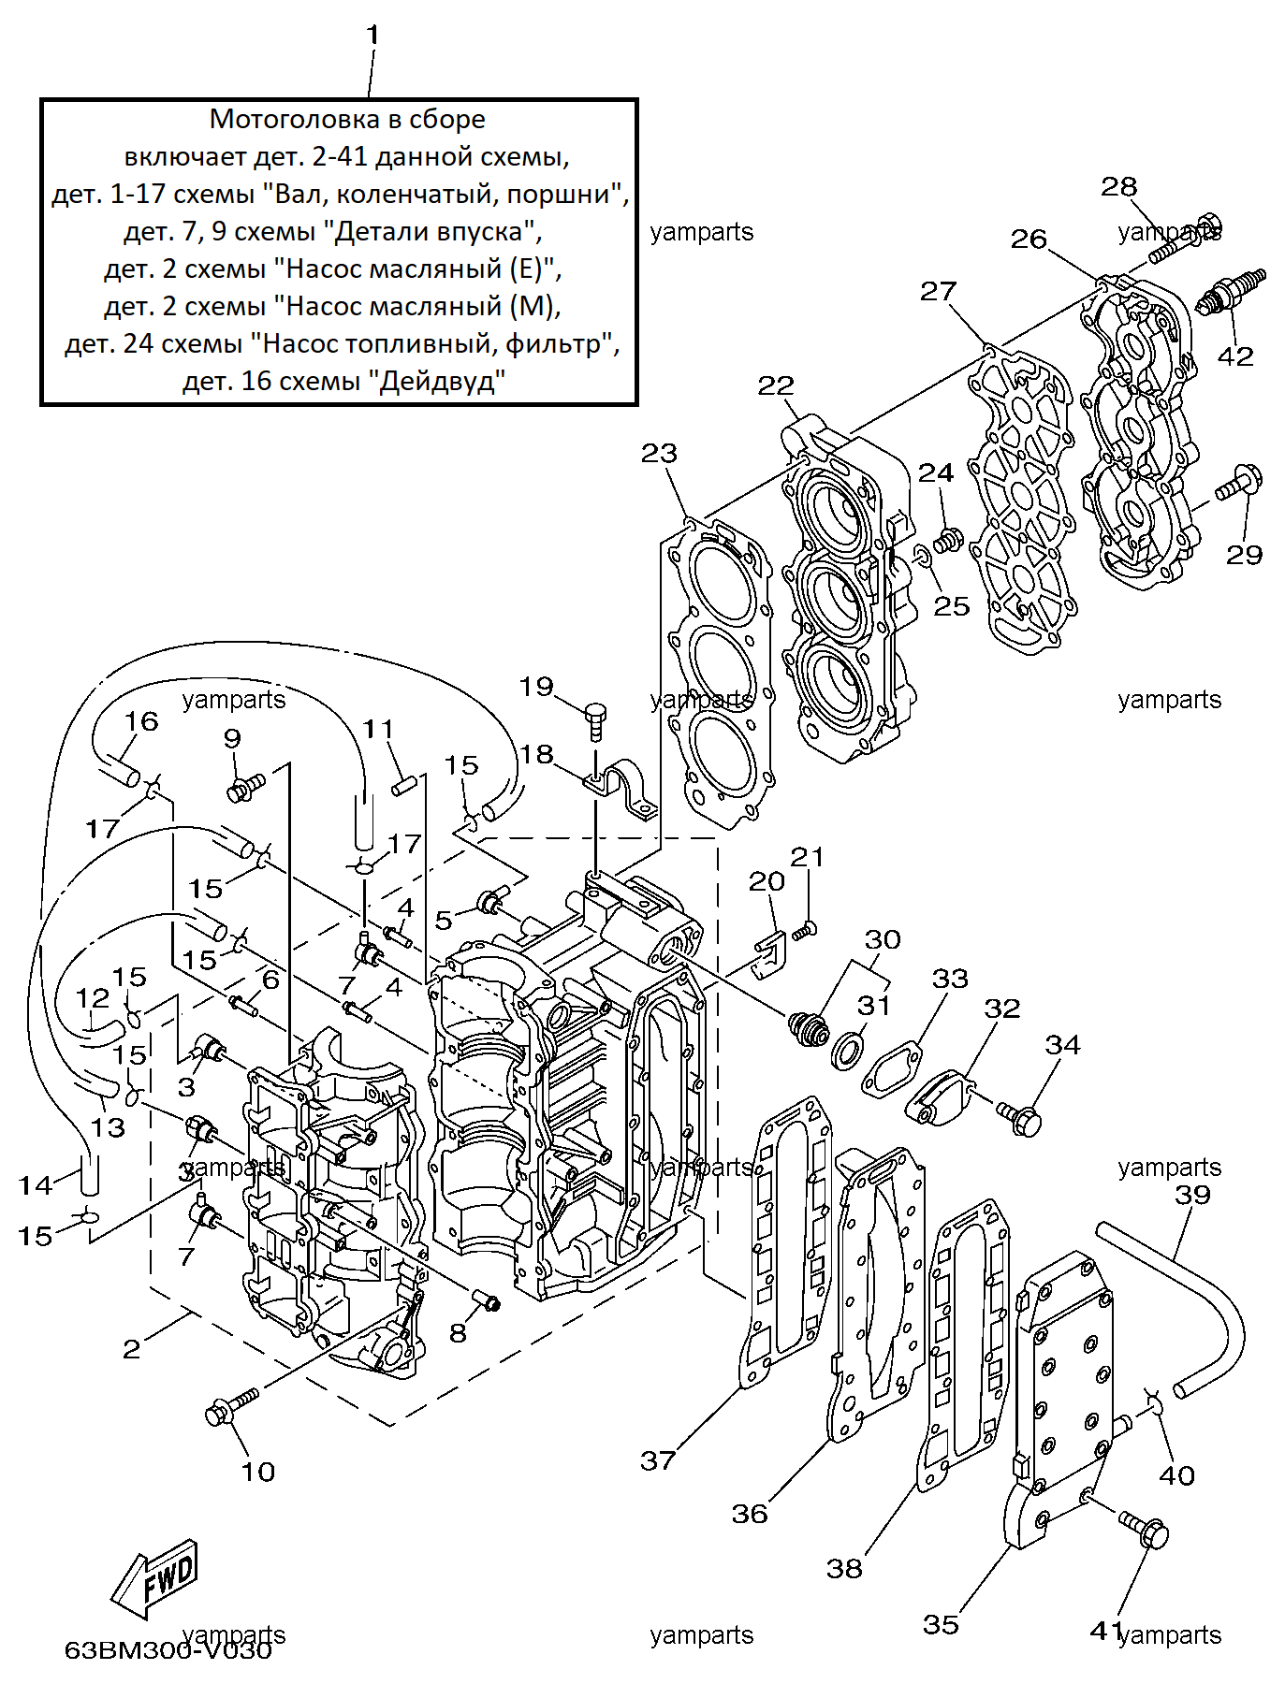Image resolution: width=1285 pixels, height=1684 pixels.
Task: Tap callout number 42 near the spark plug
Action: pyautogui.click(x=1234, y=356)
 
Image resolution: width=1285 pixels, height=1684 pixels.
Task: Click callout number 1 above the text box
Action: pyautogui.click(x=372, y=36)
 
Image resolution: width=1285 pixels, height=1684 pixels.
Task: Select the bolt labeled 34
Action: pyautogui.click(x=1019, y=1116)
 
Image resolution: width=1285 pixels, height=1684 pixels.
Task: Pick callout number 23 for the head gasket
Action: pyautogui.click(x=659, y=454)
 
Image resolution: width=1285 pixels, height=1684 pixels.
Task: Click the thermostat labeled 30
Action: pyautogui.click(x=809, y=1028)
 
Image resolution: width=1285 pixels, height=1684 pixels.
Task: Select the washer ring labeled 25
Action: pyautogui.click(x=921, y=558)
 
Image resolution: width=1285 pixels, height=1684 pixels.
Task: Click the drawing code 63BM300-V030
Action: pyautogui.click(x=168, y=1649)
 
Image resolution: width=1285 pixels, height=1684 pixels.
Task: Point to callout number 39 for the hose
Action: pyautogui.click(x=1192, y=1195)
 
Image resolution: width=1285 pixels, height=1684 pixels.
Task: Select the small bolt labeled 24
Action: pyautogui.click(x=950, y=539)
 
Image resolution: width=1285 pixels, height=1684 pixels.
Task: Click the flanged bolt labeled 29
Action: pyautogui.click(x=1238, y=483)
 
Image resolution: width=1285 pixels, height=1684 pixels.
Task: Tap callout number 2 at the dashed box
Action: pyautogui.click(x=132, y=1348)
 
